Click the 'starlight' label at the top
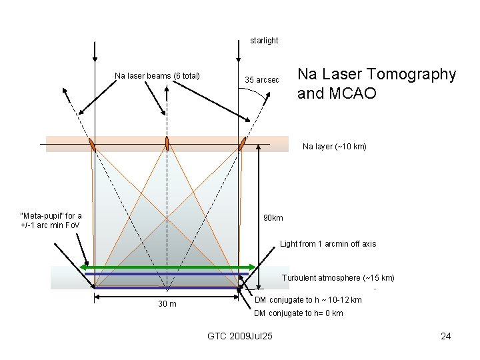pos(264,41)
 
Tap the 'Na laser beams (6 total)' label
pos(157,75)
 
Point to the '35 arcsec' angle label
pos(259,80)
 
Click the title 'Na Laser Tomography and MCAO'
pos(377,83)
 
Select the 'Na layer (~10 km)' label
pos(334,146)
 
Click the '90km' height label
pos(273,218)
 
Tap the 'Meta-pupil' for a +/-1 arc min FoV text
pos(51,220)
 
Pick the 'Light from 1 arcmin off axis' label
pos(328,244)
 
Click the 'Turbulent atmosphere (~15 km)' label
pos(338,277)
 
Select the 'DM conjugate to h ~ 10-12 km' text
pos(308,300)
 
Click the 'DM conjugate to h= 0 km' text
pos(299,313)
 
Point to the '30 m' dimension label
pos(167,305)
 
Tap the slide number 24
pos(446,335)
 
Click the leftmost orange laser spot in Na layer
pos(92,144)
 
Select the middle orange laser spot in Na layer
pos(167,143)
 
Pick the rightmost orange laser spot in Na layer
pos(243,143)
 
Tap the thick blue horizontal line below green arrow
pos(167,274)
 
